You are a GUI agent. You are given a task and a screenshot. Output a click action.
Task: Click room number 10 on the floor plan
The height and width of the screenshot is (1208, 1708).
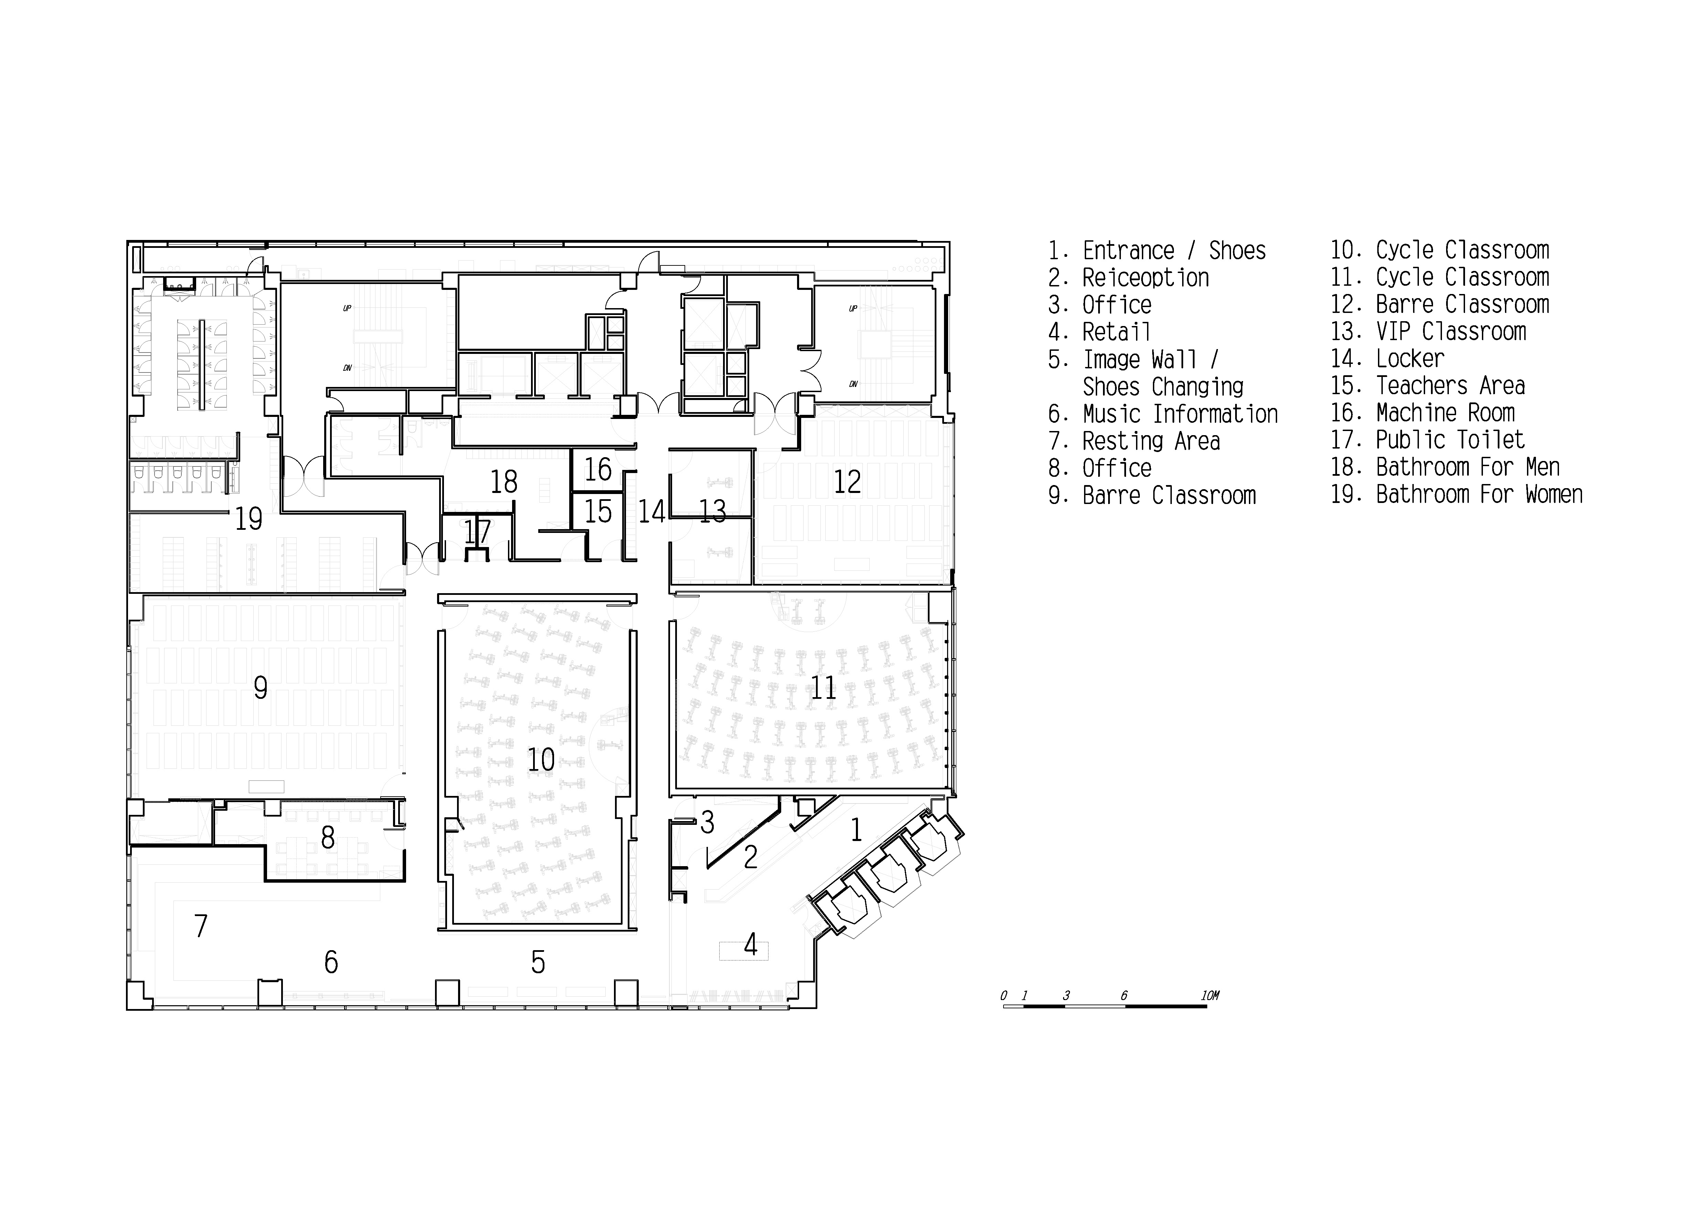point(541,760)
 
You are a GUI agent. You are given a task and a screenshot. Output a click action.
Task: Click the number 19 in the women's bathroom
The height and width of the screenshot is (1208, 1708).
point(248,519)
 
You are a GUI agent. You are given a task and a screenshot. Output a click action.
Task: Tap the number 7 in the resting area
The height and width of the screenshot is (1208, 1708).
point(201,926)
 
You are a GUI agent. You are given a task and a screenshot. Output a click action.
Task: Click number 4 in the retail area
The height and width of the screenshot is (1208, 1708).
point(751,945)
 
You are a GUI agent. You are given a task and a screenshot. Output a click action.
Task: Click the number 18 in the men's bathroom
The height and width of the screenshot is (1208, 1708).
point(503,482)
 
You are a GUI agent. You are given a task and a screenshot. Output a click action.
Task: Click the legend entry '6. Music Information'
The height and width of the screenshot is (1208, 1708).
point(1163,414)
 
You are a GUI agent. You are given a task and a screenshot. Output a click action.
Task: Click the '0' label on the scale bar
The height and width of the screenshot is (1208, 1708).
point(1004,996)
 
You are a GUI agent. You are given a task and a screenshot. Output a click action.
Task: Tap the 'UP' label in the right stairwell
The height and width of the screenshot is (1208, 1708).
point(853,308)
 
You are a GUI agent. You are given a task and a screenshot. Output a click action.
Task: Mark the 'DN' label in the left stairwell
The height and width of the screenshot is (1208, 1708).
point(347,368)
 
